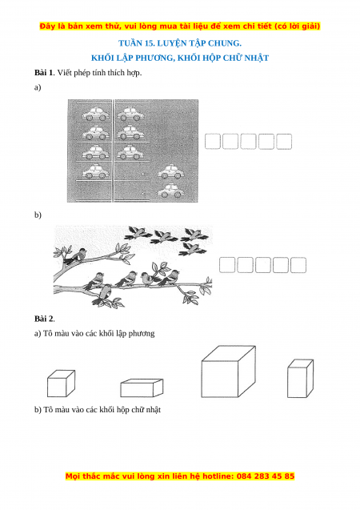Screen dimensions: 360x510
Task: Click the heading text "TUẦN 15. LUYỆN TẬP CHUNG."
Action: [x=180, y=43]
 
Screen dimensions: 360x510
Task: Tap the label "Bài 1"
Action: [x=43, y=73]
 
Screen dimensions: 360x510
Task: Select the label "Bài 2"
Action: [x=44, y=319]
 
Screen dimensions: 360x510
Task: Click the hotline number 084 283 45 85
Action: [x=266, y=476]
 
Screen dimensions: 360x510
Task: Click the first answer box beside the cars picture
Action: [x=213, y=142]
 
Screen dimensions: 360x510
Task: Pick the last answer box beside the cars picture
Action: [x=284, y=142]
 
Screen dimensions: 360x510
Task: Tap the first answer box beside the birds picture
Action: [x=227, y=265]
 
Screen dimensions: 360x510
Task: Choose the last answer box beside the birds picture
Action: [x=298, y=265]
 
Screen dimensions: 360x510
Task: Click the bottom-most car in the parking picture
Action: [x=170, y=191]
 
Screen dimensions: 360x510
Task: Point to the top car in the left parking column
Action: [x=94, y=113]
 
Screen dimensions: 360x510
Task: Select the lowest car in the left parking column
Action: [x=94, y=171]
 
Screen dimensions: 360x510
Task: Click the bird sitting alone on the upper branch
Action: [x=75, y=256]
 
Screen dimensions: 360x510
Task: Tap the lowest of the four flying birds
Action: [x=192, y=250]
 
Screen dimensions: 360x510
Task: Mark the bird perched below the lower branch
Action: [x=105, y=293]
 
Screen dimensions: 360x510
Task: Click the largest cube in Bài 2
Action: [x=228, y=371]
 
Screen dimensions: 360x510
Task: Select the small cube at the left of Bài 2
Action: [x=61, y=384]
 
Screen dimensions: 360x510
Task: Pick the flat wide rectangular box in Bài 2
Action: [x=142, y=388]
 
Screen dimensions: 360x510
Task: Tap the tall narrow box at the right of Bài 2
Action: [x=300, y=379]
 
